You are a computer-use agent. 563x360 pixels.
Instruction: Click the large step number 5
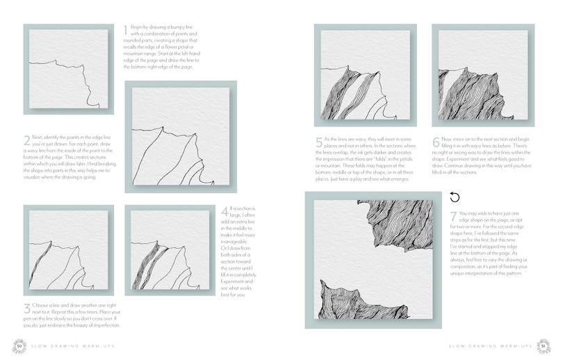[320, 143]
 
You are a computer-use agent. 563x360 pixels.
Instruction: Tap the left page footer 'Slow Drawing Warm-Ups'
[66, 346]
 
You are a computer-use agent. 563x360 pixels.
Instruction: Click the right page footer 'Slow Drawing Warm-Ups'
[489, 346]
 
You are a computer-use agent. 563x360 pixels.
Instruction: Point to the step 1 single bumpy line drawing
[66, 69]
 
